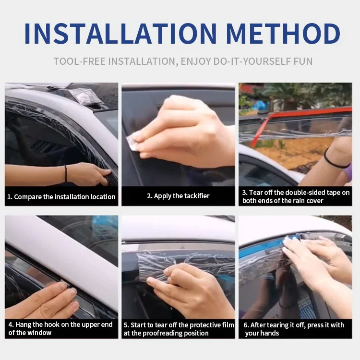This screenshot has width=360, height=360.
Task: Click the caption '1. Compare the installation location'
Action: point(61,197)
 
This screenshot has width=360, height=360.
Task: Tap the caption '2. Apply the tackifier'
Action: point(178,196)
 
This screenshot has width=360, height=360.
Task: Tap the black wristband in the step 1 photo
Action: point(65,174)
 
